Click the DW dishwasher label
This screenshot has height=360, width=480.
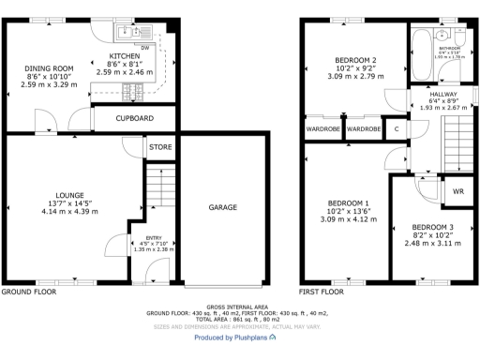pyautogui.click(x=144, y=44)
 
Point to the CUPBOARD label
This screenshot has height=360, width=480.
pyautogui.click(x=134, y=119)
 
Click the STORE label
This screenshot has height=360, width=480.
pyautogui.click(x=159, y=148)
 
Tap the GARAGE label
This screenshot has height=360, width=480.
pyautogui.click(x=222, y=207)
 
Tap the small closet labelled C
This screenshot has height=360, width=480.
pyautogui.click(x=397, y=128)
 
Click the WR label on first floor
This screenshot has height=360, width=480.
pyautogui.click(x=457, y=191)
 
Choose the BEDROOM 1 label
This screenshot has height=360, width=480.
pyautogui.click(x=348, y=203)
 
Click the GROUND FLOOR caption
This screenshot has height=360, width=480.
pyautogui.click(x=28, y=292)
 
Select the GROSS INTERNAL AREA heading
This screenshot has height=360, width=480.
pyautogui.click(x=240, y=307)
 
